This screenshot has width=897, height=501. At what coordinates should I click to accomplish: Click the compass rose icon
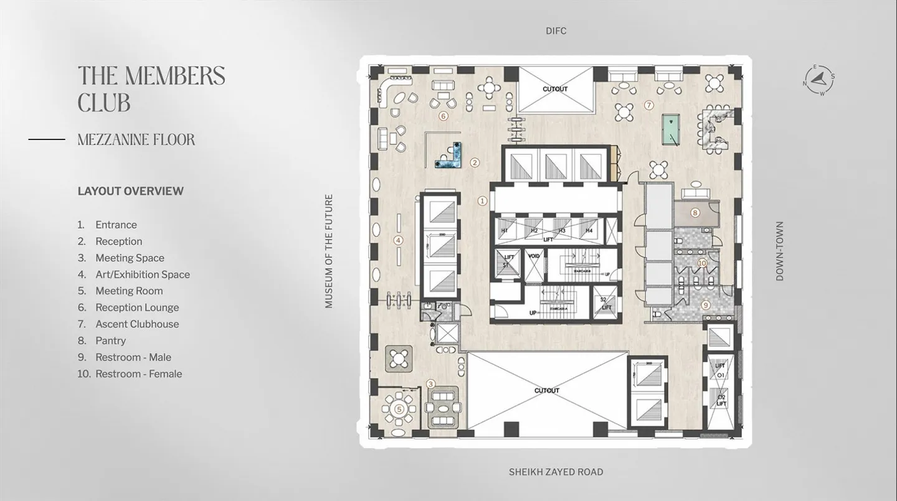819,80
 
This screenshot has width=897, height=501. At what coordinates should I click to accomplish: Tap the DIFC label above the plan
556,31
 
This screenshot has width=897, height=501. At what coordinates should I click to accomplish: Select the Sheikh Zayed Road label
556,472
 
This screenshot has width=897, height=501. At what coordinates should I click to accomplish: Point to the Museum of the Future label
329,251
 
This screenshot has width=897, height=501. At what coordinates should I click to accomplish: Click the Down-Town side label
779,251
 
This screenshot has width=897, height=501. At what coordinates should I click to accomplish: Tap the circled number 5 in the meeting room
399,410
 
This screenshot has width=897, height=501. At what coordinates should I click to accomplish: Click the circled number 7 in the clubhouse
648,105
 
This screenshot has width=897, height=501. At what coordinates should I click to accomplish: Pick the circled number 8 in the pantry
695,213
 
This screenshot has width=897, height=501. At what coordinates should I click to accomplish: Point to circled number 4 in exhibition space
399,240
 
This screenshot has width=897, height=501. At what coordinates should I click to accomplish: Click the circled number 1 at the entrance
482,201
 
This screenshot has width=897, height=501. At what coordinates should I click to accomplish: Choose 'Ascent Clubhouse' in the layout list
136,324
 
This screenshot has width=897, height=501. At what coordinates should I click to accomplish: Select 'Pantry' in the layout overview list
110,341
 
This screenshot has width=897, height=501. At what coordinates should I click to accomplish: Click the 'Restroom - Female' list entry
138,374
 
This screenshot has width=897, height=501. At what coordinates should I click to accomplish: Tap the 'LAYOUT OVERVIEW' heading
130,191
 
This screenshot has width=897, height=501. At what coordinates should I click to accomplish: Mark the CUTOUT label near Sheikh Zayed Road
546,391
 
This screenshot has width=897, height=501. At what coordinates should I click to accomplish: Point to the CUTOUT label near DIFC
554,89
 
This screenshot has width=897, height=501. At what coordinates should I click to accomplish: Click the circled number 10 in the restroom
702,263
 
